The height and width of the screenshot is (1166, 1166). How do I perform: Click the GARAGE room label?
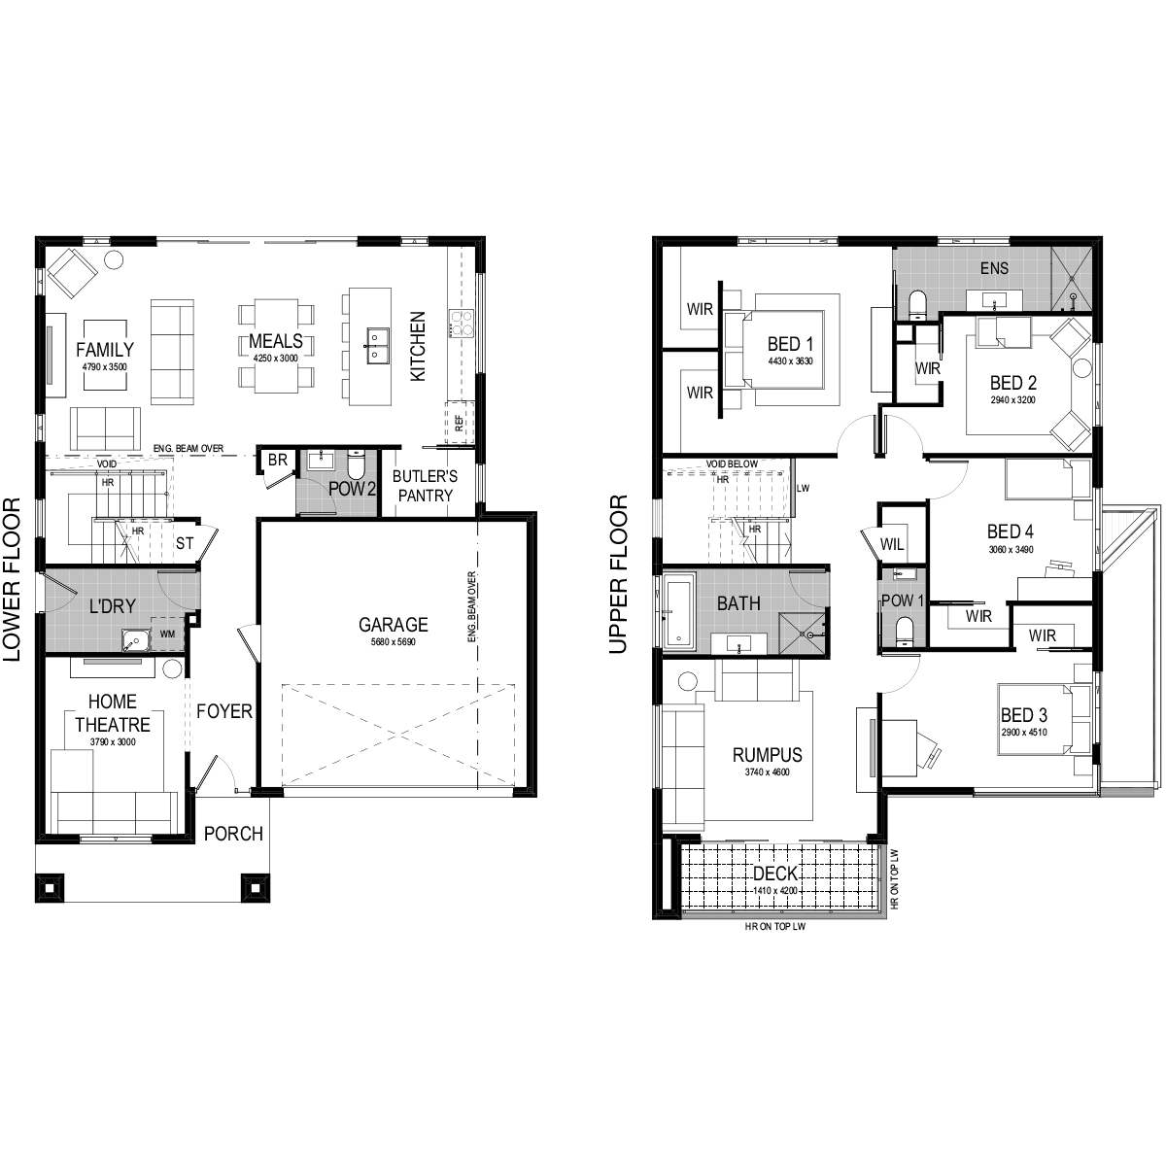tap(394, 624)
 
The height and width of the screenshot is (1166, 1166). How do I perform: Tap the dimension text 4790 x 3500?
tap(105, 366)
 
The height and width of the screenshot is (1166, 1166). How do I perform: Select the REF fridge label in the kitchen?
tap(459, 423)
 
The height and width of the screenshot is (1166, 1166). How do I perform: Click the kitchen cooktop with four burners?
tap(461, 324)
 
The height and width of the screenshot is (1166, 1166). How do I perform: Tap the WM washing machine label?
tap(167, 634)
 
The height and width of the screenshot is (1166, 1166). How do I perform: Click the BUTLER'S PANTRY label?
tap(425, 486)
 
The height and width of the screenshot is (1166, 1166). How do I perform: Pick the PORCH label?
tap(233, 834)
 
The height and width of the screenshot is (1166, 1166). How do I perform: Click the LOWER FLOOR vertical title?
tap(12, 579)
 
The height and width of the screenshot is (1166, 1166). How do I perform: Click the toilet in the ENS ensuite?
tap(918, 304)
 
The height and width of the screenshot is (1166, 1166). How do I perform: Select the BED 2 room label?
tap(1012, 383)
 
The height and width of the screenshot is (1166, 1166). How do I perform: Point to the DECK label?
tap(775, 874)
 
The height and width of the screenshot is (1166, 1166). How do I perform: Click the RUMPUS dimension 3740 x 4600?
tap(768, 772)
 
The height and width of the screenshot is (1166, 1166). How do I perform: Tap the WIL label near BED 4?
tap(892, 544)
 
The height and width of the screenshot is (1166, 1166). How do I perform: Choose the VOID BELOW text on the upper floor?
tap(732, 464)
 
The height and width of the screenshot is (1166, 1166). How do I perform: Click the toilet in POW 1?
tap(904, 630)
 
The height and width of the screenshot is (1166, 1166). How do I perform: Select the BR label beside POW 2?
tap(278, 460)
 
